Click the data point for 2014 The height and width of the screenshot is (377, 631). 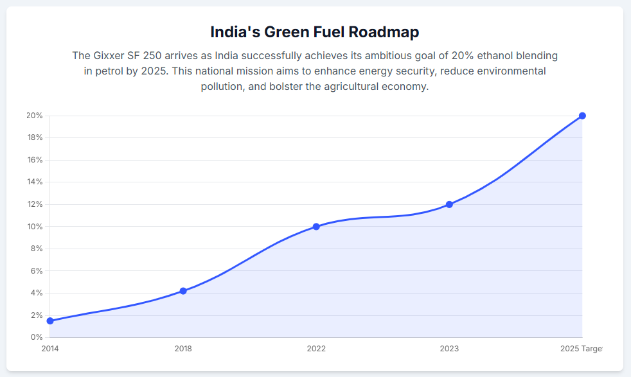pyautogui.click(x=50, y=320)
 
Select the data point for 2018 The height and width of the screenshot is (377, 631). pyautogui.click(x=183, y=291)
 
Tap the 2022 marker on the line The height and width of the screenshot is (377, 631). pyautogui.click(x=316, y=227)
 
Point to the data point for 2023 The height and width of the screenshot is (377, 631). pyautogui.click(x=449, y=204)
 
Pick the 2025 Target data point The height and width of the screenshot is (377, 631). pyautogui.click(x=582, y=116)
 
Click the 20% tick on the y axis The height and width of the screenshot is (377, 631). pyautogui.click(x=34, y=116)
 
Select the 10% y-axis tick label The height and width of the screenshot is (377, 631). pyautogui.click(x=34, y=227)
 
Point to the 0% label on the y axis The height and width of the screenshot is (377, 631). pyautogui.click(x=37, y=337)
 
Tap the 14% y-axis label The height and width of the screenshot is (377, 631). pyautogui.click(x=34, y=182)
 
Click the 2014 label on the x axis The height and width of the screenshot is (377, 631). pyautogui.click(x=50, y=349)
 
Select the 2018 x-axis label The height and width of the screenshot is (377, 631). pyautogui.click(x=183, y=349)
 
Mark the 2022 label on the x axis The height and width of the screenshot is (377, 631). pyautogui.click(x=316, y=349)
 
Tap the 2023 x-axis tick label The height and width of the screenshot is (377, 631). pyautogui.click(x=449, y=349)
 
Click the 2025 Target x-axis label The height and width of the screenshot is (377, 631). pyautogui.click(x=581, y=349)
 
